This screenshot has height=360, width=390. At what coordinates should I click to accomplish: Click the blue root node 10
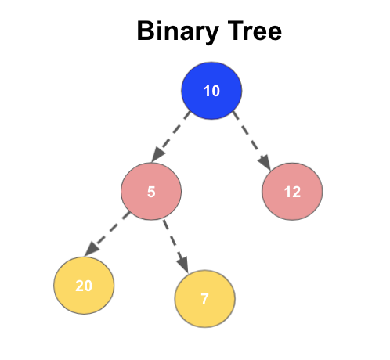pyautogui.click(x=211, y=91)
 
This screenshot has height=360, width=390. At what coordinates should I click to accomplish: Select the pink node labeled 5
pyautogui.click(x=151, y=191)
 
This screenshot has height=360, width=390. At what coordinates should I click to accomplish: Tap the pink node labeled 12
pyautogui.click(x=292, y=192)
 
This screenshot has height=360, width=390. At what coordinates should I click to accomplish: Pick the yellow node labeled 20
pyautogui.click(x=84, y=286)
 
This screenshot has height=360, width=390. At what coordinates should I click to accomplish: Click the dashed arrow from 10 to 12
pyautogui.click(x=250, y=139)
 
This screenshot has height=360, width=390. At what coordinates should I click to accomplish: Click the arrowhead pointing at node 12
pyautogui.click(x=265, y=163)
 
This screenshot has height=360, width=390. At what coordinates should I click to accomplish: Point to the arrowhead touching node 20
pyautogui.click(x=91, y=248)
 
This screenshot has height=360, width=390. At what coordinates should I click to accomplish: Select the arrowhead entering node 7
pyautogui.click(x=185, y=264)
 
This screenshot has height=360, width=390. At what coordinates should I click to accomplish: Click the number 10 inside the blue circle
pyautogui.click(x=211, y=91)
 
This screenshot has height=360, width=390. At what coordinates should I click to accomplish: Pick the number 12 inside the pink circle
pyautogui.click(x=292, y=192)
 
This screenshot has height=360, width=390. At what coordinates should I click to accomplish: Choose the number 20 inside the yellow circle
pyautogui.click(x=84, y=286)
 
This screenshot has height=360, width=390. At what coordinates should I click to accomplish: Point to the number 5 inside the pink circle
pyautogui.click(x=151, y=191)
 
